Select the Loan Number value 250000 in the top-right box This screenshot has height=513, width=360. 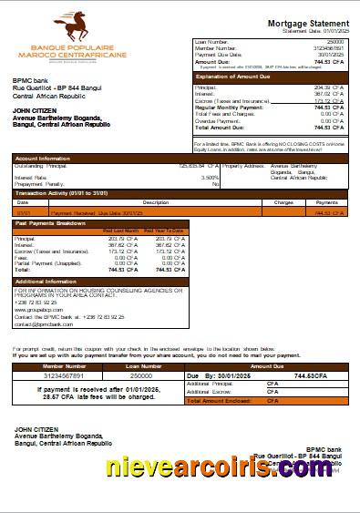(334, 42)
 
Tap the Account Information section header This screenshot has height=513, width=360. (44, 159)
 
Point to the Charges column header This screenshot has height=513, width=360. (283, 201)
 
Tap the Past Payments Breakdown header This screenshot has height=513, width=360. (52, 222)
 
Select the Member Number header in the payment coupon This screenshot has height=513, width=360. (64, 364)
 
